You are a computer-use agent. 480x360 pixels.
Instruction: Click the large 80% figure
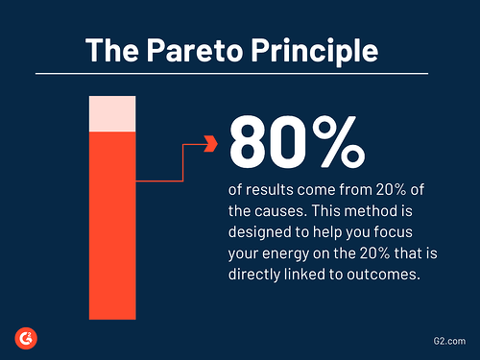pos(297,142)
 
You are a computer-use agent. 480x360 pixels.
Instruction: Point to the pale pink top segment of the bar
pos(112,113)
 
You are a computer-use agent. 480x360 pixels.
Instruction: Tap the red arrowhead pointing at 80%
pos(211,145)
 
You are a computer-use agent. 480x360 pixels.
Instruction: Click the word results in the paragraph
pos(267,189)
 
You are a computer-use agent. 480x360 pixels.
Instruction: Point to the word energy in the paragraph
pos(288,252)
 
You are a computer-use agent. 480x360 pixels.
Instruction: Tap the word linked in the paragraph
pos(314,274)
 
